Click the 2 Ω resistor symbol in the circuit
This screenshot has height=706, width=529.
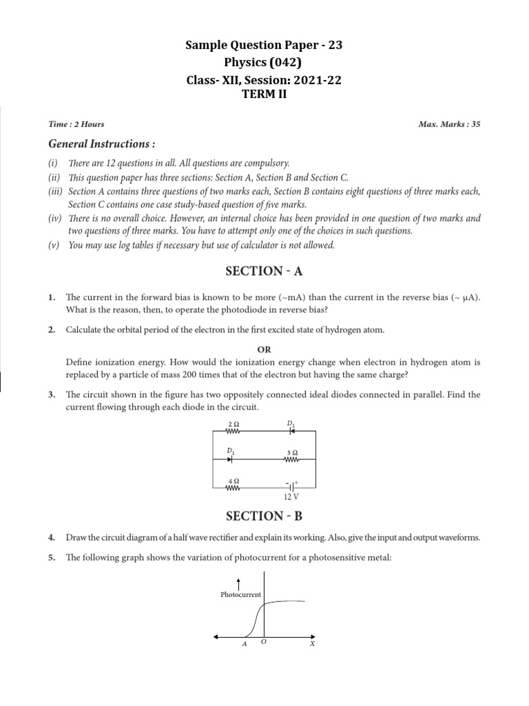click(232, 432)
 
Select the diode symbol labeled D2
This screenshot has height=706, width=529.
click(291, 432)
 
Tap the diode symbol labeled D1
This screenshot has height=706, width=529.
click(231, 458)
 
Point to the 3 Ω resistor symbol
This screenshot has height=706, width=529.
click(291, 458)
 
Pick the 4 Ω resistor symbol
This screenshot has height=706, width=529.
click(232, 487)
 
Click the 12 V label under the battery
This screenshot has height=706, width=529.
click(291, 496)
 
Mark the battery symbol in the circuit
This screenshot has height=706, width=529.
click(291, 487)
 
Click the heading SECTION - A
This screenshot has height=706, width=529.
click(264, 271)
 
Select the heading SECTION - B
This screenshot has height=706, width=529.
click(264, 516)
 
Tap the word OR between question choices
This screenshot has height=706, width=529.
click(264, 350)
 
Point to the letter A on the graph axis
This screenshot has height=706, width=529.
click(244, 644)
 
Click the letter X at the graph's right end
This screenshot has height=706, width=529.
click(312, 644)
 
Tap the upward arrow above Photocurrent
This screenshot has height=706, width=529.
click(238, 583)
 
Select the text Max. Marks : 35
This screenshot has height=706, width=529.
click(449, 124)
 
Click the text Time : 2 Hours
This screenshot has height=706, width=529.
click(76, 124)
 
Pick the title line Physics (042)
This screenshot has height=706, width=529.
click(264, 63)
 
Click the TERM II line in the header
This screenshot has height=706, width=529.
click(264, 94)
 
